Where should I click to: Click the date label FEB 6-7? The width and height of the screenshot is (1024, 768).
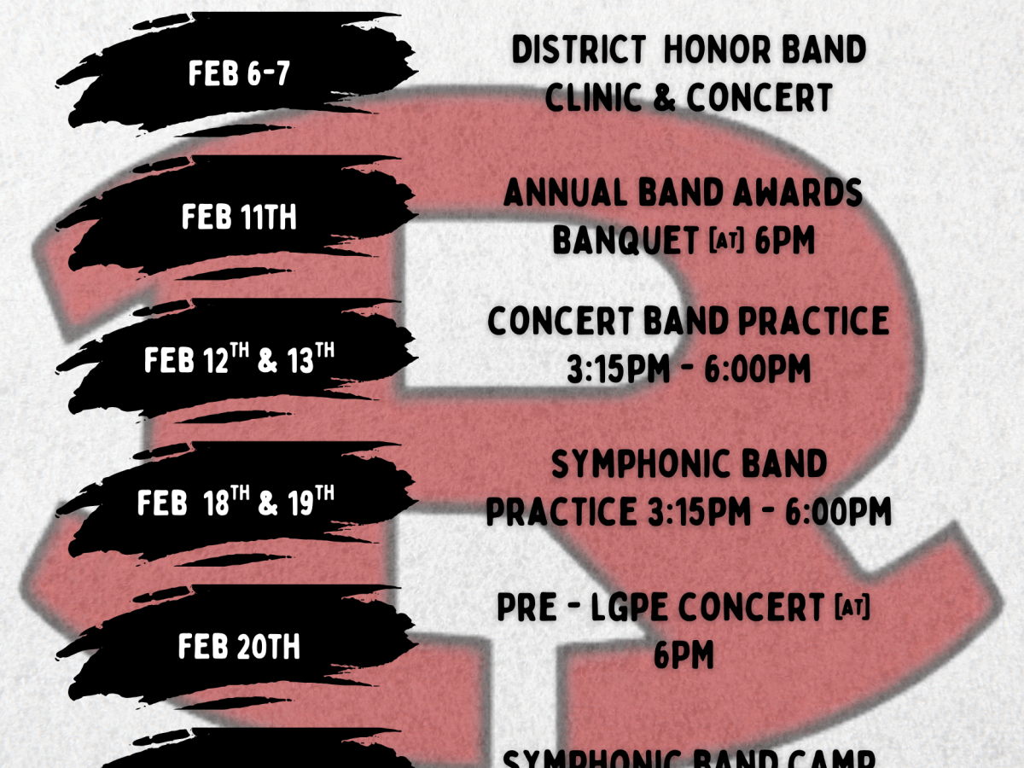click(x=239, y=74)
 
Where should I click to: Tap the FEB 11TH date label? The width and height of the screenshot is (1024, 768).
click(x=239, y=218)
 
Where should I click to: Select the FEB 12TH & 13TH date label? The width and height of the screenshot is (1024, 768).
click(x=239, y=360)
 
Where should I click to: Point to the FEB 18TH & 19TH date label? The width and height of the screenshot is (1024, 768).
click(x=236, y=503)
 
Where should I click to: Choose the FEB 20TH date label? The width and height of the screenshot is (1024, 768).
click(x=239, y=647)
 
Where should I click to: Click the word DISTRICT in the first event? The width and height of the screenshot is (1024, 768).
click(x=579, y=50)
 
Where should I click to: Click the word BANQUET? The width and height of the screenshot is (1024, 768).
click(x=625, y=241)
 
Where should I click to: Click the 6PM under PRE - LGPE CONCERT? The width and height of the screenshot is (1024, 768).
click(x=684, y=656)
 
